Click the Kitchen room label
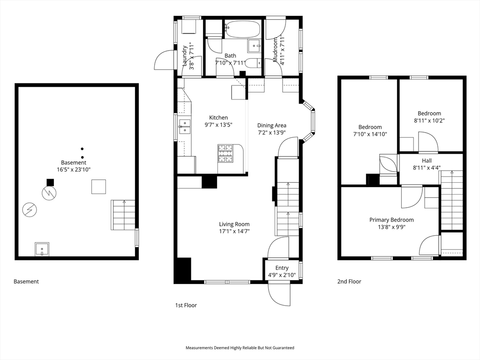(x=218, y=118)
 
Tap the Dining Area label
(x=271, y=125)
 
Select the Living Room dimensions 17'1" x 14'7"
(x=234, y=231)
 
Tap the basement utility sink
(x=42, y=248)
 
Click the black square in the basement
(x=50, y=183)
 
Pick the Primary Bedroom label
(x=391, y=220)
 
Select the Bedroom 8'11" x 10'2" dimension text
(x=429, y=120)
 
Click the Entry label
(x=282, y=268)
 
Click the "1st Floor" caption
(x=186, y=305)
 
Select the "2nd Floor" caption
(x=349, y=282)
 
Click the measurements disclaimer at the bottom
(x=240, y=348)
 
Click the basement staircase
(x=123, y=215)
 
